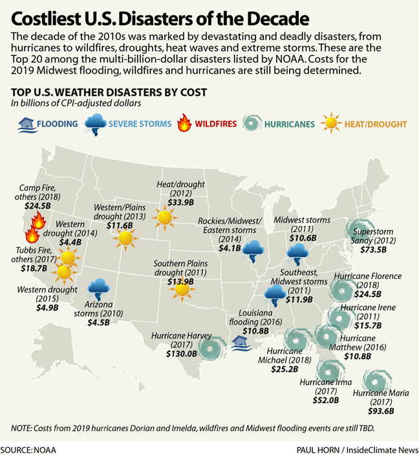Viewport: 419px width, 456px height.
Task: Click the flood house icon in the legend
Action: click(x=27, y=123)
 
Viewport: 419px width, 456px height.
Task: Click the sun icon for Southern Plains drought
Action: click(x=183, y=289)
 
